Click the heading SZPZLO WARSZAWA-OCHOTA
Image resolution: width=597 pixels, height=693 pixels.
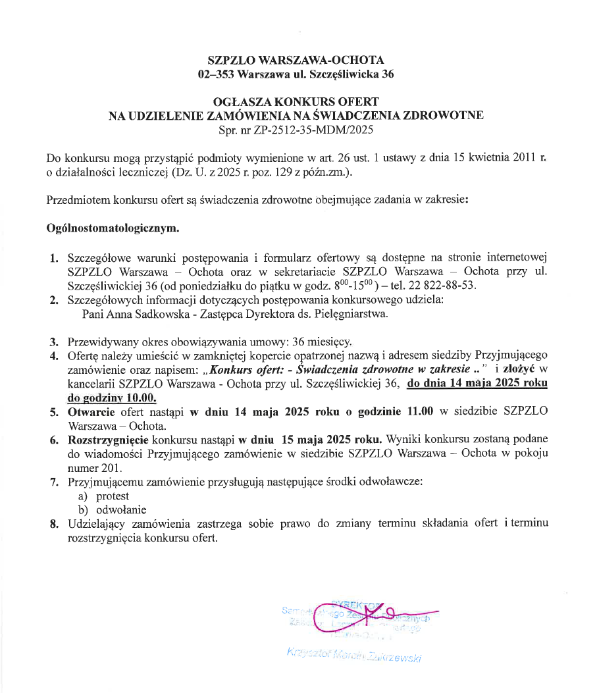click(296, 61)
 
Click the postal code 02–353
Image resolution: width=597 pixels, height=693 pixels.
click(217, 74)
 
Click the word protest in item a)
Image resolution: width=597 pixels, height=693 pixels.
click(113, 496)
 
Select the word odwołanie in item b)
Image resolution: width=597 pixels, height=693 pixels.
click(121, 509)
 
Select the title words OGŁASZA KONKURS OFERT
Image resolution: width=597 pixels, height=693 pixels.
click(296, 102)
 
